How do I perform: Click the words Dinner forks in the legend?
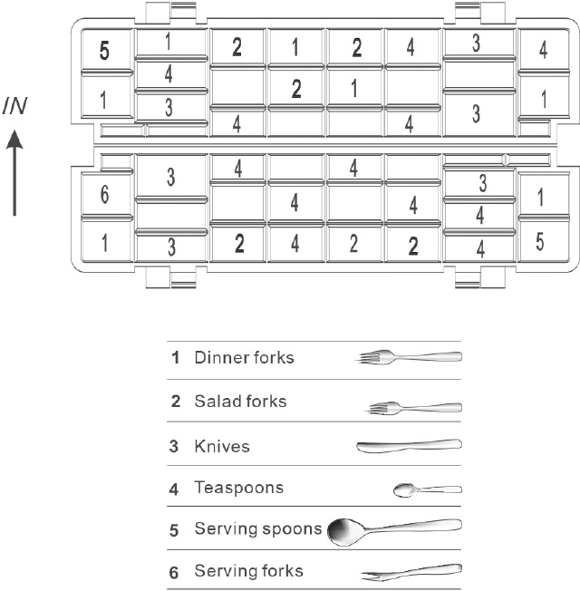click(244, 357)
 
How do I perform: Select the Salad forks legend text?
click(240, 401)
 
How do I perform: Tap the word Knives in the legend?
click(222, 446)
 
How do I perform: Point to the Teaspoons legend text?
click(238, 488)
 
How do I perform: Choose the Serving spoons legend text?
click(258, 529)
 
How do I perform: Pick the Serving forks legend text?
click(248, 571)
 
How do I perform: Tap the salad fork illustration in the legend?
click(414, 408)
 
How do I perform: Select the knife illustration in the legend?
click(409, 444)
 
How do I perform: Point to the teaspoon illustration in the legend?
click(427, 490)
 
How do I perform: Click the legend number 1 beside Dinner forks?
click(175, 357)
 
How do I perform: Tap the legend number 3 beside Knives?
click(175, 446)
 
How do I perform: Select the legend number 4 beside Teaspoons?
click(175, 488)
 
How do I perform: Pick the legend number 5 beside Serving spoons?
click(175, 529)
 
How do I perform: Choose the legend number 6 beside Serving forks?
click(175, 571)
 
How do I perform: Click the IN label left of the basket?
click(15, 107)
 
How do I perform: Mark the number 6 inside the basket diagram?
click(104, 196)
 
